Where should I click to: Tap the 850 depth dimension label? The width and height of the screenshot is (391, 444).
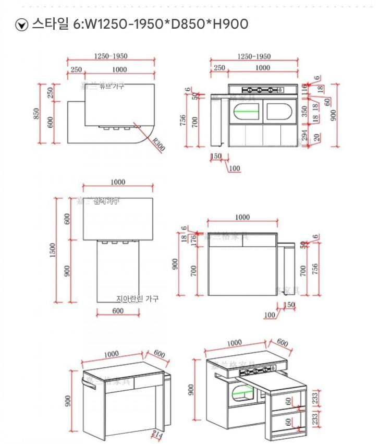point(36,113)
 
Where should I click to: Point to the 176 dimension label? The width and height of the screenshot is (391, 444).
point(194,239)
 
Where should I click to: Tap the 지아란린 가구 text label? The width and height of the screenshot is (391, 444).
point(137,299)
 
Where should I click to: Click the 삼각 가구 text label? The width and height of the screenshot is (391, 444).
point(106,201)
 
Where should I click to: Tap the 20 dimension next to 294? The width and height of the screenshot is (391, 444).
point(316,138)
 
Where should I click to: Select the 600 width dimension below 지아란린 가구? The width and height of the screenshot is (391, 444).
point(118,311)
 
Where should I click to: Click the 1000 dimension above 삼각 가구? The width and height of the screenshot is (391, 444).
point(118,182)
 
